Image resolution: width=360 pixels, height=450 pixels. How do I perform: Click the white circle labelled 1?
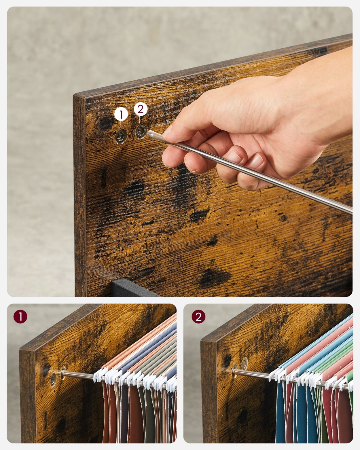pos(121,114)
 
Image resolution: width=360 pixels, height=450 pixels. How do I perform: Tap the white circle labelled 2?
pos(141,109)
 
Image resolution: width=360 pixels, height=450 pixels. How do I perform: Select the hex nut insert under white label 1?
pos(121,136)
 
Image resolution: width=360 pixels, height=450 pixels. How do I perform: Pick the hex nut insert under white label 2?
pos(141,132)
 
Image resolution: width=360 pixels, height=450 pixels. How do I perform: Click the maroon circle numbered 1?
pos(20,317)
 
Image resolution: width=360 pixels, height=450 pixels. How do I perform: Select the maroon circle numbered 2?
pos(198,317)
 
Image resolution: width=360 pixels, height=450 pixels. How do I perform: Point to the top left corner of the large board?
pos(74,96)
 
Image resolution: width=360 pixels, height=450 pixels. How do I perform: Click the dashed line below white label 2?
pos(140,120)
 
